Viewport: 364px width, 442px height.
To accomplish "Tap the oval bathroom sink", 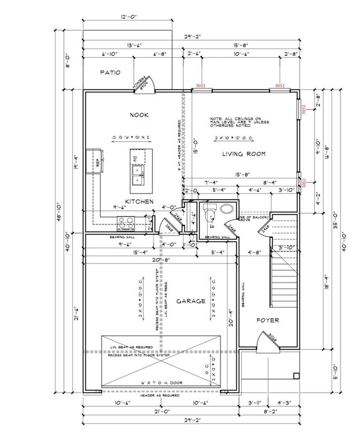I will click(227, 209).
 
